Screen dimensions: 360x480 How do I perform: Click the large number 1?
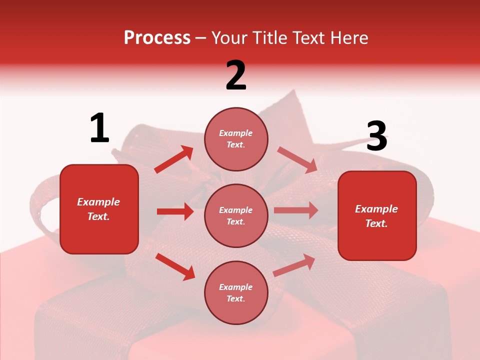pos(99,128)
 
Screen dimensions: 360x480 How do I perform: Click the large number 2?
pos(236,75)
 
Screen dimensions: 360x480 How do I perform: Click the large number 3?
pos(376,136)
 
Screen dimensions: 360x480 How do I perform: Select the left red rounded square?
pos(99,209)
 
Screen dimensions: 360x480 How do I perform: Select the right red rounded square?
pos(377,216)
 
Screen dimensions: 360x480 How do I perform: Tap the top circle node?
pos(236,139)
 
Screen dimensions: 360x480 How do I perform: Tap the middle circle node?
pos(236,215)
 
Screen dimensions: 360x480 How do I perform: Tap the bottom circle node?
pos(236,292)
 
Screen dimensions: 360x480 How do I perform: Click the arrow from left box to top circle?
pos(174,159)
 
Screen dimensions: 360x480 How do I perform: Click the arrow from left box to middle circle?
pos(175,211)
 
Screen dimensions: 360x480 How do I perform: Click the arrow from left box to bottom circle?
pos(175,266)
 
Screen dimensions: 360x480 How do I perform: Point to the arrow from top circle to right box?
pos(297,159)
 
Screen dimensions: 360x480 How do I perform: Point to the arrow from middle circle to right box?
pos(296,210)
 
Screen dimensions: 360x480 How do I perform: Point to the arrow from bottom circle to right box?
pos(294,265)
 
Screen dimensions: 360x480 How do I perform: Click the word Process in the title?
pos(157,37)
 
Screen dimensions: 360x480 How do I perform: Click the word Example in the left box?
pos(98,202)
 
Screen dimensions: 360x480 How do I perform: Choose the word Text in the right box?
pos(375,223)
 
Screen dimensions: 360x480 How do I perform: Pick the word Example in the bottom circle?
pos(235,287)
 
